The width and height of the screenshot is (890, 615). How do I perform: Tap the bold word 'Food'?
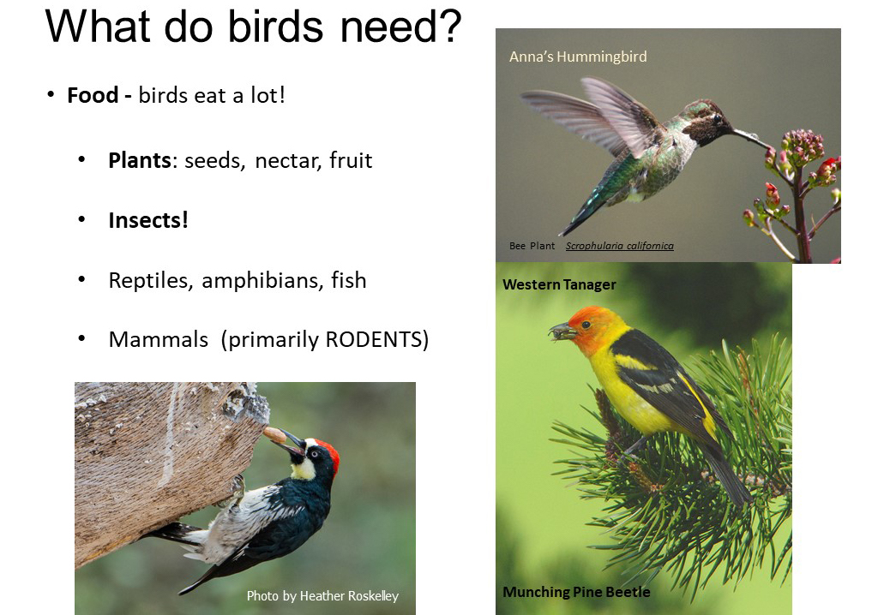tap(93, 95)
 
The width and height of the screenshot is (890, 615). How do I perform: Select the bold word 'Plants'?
tap(139, 160)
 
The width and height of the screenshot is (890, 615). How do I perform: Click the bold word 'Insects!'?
tap(148, 220)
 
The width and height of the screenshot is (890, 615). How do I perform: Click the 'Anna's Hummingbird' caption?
tap(578, 57)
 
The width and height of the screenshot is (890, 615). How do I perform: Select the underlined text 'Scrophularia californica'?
tap(619, 246)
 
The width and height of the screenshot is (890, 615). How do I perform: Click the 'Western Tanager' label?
tap(559, 284)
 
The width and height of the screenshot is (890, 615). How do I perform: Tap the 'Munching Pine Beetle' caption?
tap(576, 592)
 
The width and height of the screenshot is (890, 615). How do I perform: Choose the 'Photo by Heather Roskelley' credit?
tap(322, 596)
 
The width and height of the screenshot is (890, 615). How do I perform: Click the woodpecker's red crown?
tap(329, 454)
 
